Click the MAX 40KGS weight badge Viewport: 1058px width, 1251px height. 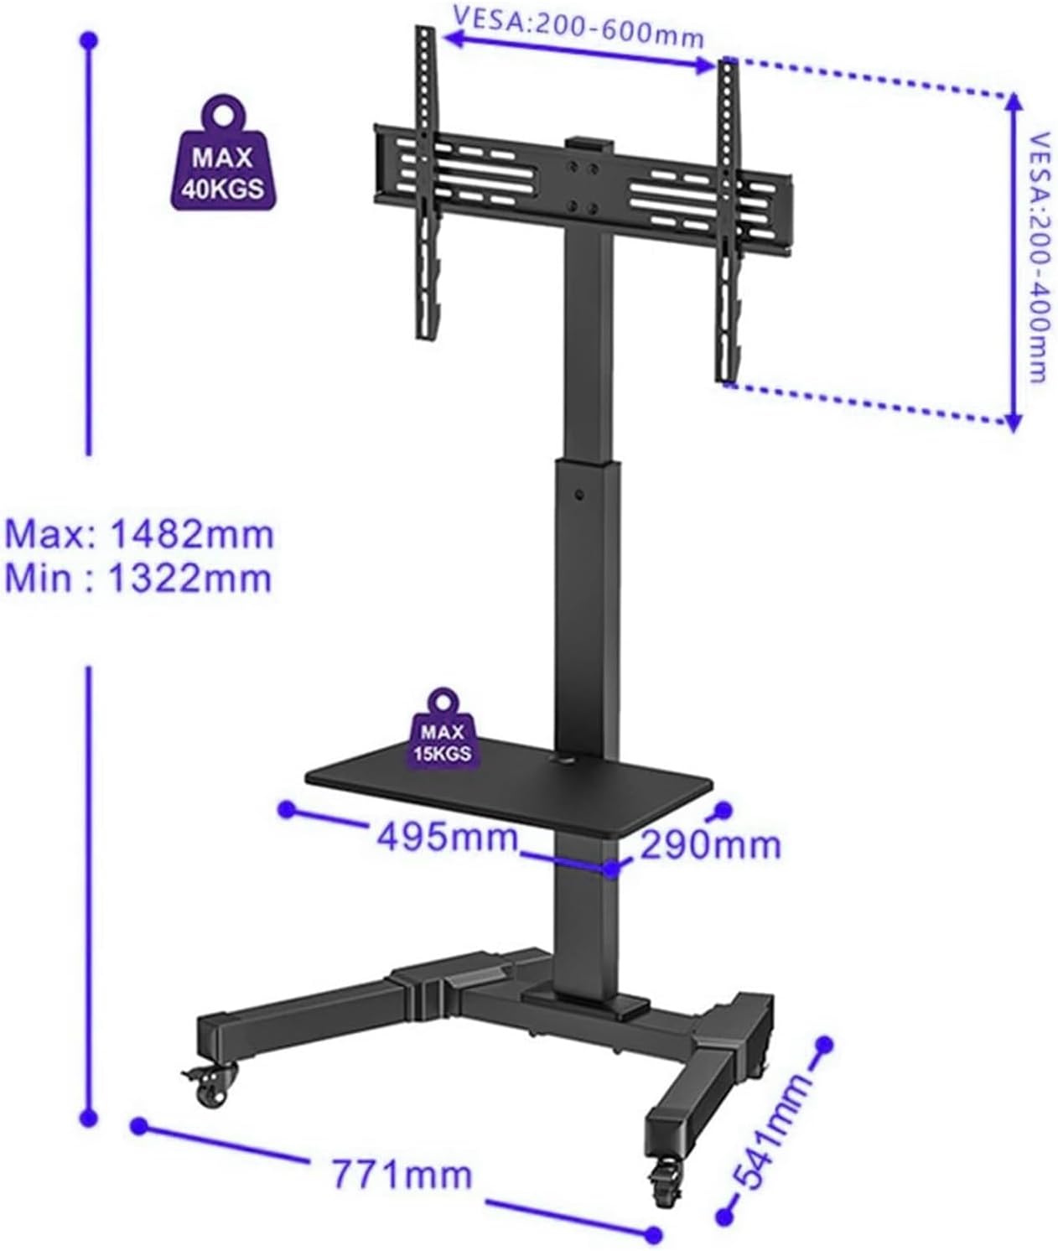point(224,164)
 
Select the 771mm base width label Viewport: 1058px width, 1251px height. point(402,1174)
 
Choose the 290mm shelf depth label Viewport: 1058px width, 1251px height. point(709,844)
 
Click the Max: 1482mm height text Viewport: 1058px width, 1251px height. point(140,534)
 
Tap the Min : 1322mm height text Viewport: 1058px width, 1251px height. point(138,579)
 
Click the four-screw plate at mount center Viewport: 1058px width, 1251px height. point(583,179)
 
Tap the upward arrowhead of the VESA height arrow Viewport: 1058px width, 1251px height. point(1013,102)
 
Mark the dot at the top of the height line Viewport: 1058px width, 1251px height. point(89,39)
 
